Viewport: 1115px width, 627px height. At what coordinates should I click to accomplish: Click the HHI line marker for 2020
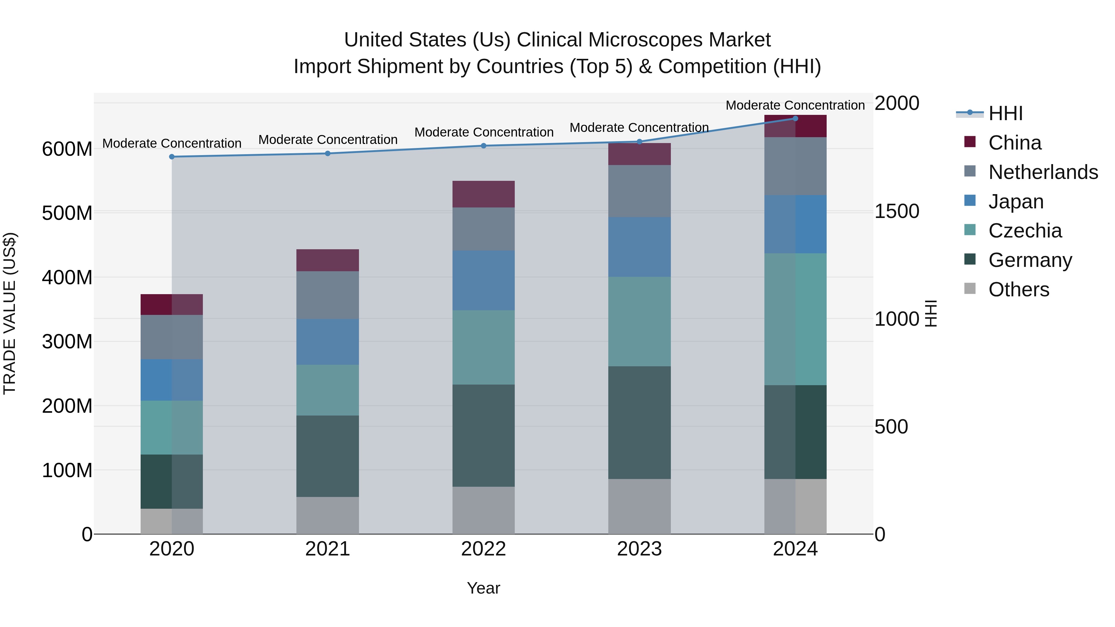coord(172,157)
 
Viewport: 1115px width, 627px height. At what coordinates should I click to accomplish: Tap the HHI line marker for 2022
coord(483,146)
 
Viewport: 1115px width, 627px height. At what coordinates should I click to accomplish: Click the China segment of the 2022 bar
coord(483,194)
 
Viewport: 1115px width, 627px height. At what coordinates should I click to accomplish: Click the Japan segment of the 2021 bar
coord(328,342)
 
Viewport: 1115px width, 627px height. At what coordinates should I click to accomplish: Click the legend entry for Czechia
coord(1025,231)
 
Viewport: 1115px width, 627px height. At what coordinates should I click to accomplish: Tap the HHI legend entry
coord(1005,113)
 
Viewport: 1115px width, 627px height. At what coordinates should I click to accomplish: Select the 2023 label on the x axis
coord(639,549)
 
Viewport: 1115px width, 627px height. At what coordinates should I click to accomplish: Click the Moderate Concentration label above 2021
coord(328,140)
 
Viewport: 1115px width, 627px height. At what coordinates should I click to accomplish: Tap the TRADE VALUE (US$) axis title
coord(10,313)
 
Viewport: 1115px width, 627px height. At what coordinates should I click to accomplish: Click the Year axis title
coord(483,588)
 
